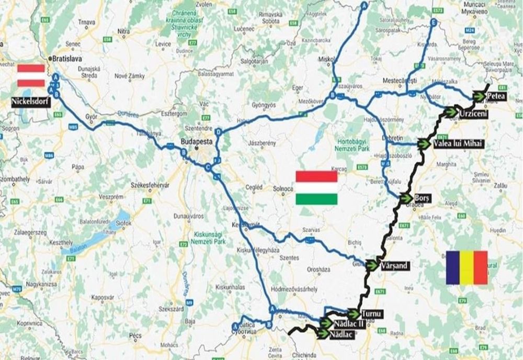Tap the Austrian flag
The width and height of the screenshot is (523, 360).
click(x=31, y=75)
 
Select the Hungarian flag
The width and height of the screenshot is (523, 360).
click(x=316, y=187)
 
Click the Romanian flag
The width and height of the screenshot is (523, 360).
click(x=467, y=267)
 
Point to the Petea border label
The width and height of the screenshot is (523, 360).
click(x=495, y=97)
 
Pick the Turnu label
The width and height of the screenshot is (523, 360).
click(x=372, y=314)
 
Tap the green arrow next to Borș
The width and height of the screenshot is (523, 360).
click(x=405, y=198)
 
